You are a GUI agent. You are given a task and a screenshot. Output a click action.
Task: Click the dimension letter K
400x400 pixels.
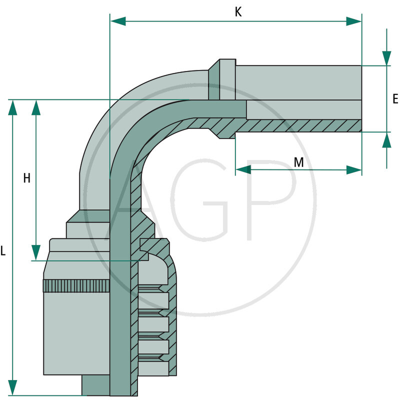coord(238,12)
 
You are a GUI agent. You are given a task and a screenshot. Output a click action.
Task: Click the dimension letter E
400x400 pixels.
coord(395,99)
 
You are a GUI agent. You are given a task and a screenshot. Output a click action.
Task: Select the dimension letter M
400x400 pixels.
coord(298,162)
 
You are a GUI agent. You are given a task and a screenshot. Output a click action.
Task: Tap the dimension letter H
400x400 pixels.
coord(27,178)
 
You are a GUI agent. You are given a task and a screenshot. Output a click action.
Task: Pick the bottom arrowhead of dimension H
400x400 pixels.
coord(36,252)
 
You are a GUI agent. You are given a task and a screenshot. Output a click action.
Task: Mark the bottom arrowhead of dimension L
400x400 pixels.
coord(12,387)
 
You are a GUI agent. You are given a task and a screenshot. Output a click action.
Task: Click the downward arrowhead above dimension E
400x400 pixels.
coord(386,58)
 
